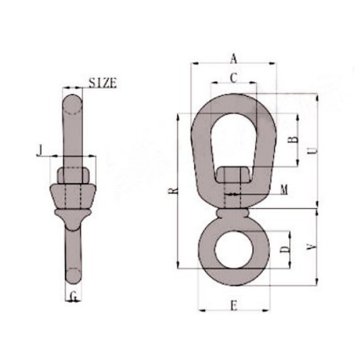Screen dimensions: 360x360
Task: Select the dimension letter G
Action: click(75, 296)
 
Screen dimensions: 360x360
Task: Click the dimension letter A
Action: click(233, 57)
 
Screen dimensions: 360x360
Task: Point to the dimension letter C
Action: click(233, 77)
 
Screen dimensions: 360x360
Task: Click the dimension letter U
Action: click(316, 152)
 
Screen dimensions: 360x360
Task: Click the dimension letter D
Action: click(286, 246)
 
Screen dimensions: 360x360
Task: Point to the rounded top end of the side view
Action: click(75, 98)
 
